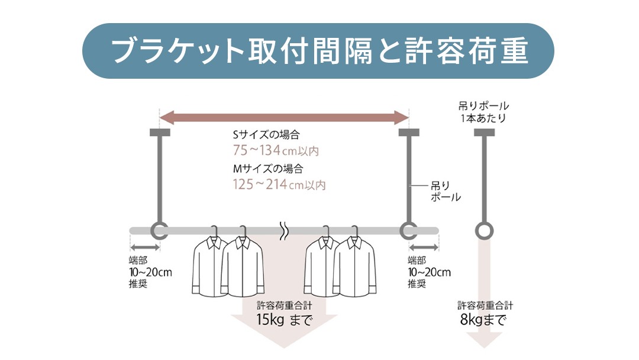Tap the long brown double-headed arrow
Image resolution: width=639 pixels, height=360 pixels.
tap(284, 117)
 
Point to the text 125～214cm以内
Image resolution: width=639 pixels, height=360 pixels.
tap(279, 185)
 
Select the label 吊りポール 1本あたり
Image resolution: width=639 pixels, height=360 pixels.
tap(484, 112)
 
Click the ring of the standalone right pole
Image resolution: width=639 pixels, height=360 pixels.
tap(485, 230)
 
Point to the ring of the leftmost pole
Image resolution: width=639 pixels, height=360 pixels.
tap(159, 230)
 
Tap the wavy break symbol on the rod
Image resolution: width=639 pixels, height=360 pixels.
tap(284, 230)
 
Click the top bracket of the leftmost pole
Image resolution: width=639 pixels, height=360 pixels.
tap(160, 132)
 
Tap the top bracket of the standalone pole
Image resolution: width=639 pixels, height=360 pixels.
tap(485, 132)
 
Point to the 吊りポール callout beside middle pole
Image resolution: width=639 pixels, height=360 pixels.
tap(445, 191)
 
